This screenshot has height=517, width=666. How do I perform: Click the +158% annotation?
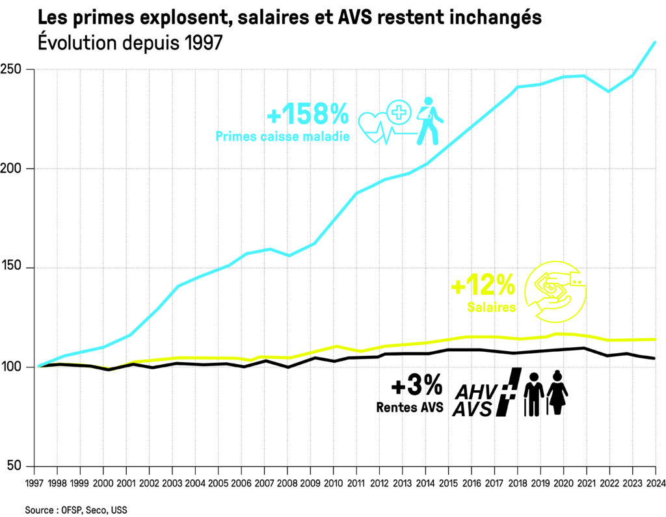[308, 115]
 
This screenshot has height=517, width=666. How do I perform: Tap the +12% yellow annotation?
[483, 285]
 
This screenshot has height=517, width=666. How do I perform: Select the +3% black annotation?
[416, 387]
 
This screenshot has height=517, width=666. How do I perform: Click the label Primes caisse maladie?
[282, 137]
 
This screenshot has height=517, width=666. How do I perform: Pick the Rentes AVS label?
[409, 408]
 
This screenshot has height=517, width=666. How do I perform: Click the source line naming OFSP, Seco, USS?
[76, 510]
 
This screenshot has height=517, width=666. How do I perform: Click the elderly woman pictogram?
[557, 392]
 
